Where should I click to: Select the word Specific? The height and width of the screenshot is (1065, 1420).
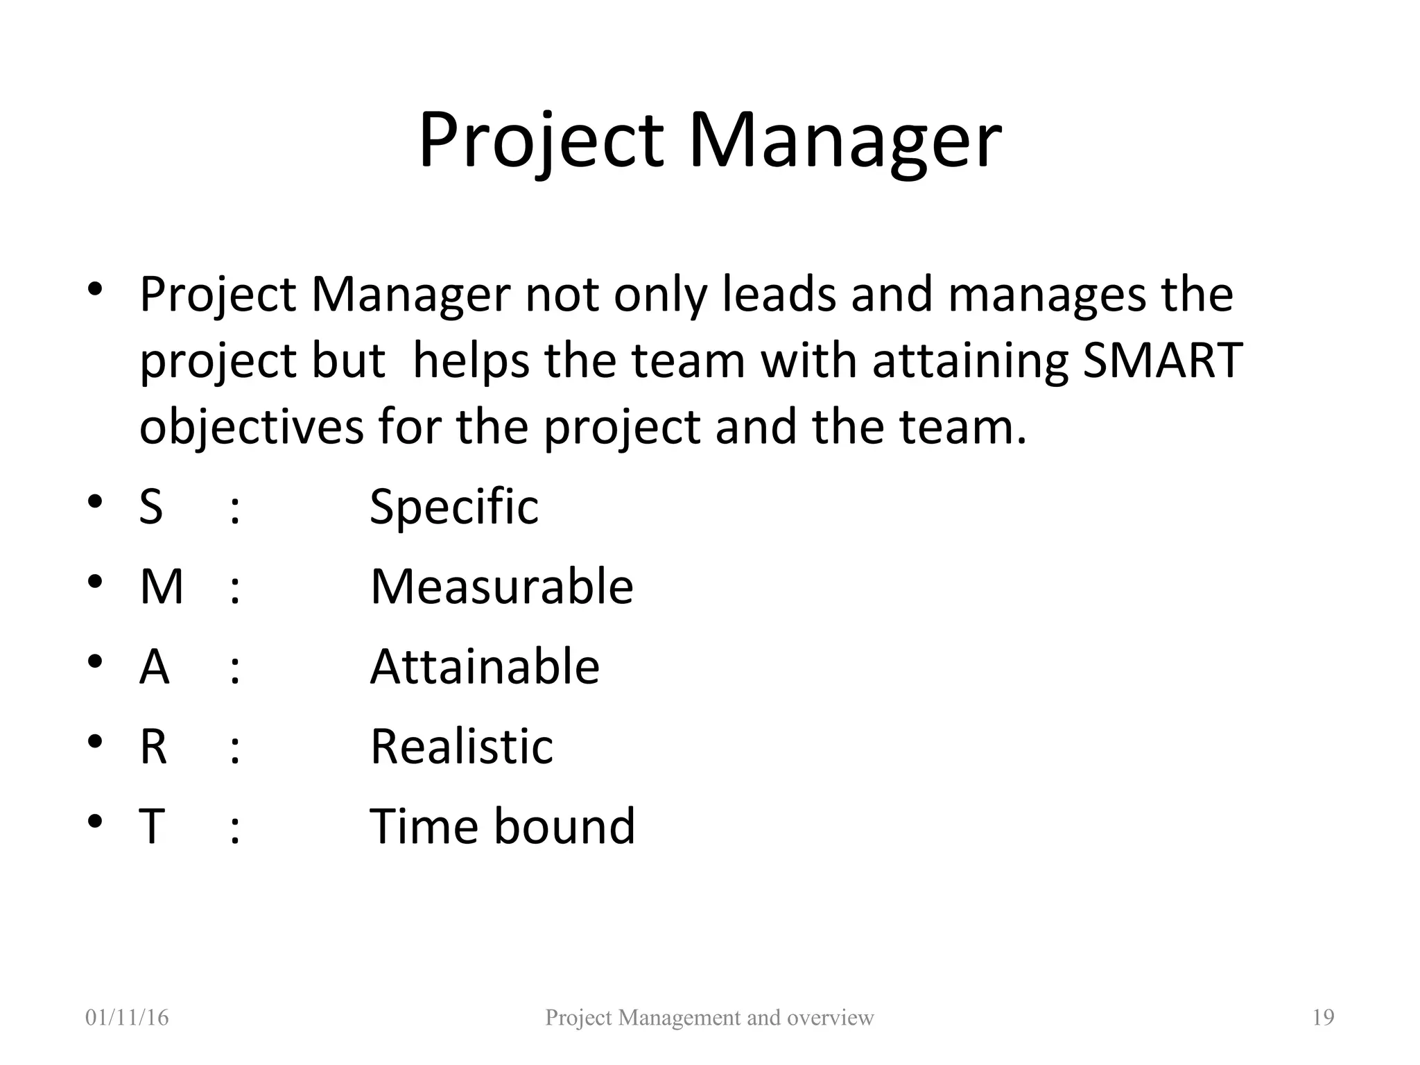coord(454,507)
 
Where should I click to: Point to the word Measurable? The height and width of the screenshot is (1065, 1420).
coord(501,587)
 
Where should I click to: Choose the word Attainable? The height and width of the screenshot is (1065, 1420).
coord(485,667)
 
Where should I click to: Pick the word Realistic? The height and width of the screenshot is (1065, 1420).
coord(462,747)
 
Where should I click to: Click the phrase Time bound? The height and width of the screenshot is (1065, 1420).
coord(502,826)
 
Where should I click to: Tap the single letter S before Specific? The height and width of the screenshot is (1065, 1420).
coord(151,507)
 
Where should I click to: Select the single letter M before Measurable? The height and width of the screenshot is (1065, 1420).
coord(162,587)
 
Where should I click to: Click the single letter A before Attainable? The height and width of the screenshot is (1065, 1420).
coord(154,667)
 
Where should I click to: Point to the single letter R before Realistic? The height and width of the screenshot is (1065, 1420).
coord(153,747)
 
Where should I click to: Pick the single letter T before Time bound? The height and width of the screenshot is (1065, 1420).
coord(152,826)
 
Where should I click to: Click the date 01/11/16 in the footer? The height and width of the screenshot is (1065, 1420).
coord(127,1018)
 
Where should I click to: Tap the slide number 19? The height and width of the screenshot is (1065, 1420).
coord(1323,1018)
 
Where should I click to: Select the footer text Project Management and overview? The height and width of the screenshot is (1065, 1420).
coord(709,1018)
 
